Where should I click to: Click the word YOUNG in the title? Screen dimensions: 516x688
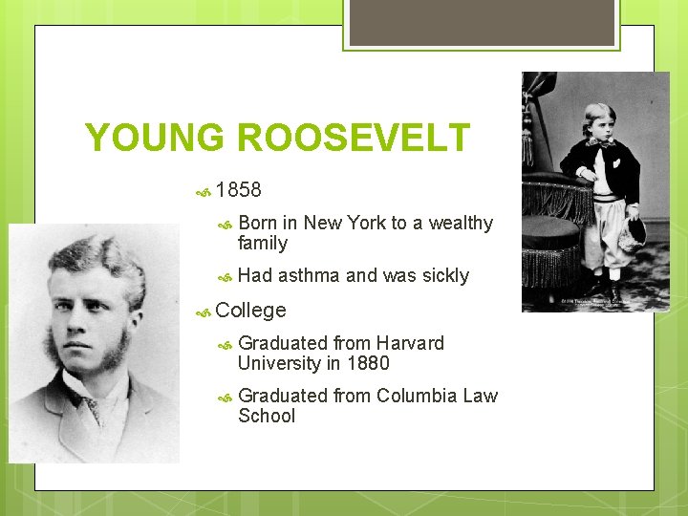(x=156, y=138)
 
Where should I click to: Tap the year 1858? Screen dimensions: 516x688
(x=238, y=190)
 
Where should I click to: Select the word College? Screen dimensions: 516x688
(x=250, y=311)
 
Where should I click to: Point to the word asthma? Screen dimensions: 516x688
(x=309, y=276)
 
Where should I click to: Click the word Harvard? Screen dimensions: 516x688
(x=410, y=343)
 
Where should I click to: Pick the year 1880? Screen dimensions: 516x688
(x=368, y=363)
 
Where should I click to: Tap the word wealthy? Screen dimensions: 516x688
(x=461, y=224)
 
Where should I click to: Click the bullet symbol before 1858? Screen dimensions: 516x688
(x=203, y=191)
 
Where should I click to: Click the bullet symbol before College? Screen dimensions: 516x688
(x=203, y=312)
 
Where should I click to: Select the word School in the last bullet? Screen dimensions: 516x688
(x=267, y=416)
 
